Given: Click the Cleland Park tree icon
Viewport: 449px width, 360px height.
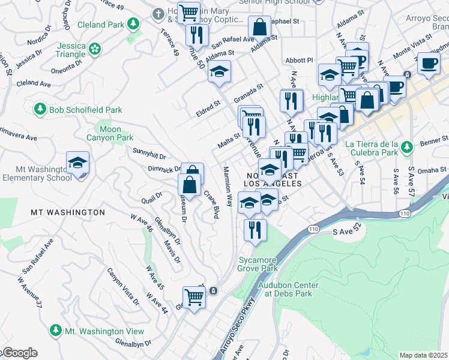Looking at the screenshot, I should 133,25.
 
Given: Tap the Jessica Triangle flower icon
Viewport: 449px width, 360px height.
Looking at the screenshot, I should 94,48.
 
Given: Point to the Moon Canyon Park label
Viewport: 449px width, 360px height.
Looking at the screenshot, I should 110,133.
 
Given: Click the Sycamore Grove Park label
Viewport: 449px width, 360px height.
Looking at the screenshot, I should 258,264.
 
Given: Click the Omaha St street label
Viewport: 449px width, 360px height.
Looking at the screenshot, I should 429,170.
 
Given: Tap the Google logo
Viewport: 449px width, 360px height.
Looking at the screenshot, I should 19,353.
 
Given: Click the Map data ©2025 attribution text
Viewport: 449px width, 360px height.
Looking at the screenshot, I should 423,355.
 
